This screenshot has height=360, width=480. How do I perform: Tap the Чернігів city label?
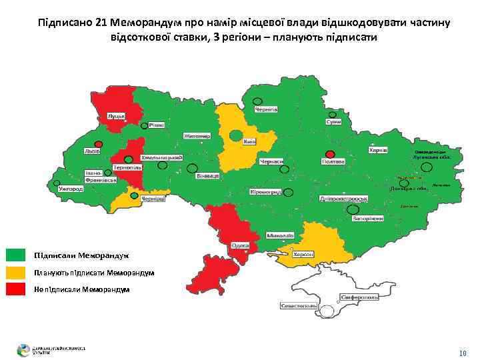click(267, 109)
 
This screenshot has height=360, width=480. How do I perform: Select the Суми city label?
click(334, 122)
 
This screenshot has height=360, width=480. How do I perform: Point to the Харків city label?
click(378, 151)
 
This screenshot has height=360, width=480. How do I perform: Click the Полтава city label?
click(333, 161)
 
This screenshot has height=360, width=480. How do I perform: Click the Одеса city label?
click(239, 245)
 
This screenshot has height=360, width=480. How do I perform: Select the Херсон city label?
click(306, 255)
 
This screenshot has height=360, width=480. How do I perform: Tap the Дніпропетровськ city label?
click(344, 199)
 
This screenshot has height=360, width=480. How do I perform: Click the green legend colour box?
click(15, 255)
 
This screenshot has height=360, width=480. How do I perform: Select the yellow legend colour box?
click(15, 272)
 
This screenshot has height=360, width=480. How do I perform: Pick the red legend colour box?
click(15, 289)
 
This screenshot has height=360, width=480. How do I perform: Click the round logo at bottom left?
click(24, 349)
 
